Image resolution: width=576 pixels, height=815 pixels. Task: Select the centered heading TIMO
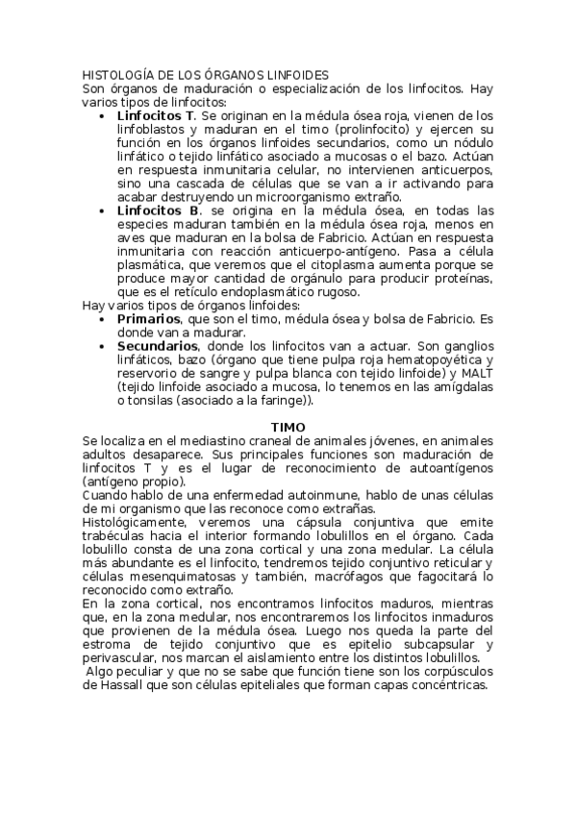288,426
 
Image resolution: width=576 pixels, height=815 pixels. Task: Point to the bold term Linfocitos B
159,210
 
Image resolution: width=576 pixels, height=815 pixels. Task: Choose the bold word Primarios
148,318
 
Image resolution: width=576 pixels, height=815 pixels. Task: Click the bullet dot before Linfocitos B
104,210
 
